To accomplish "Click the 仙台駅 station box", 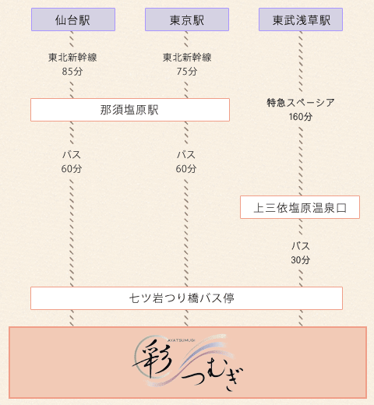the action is tap(73, 19).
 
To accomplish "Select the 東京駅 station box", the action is tap(187, 19).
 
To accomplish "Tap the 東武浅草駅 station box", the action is tap(301, 19).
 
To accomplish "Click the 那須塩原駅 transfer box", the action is tap(130, 110).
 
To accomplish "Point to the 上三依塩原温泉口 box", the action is tap(300, 207).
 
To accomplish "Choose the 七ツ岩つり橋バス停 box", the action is tap(186, 298).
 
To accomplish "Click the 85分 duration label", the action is tap(72, 71).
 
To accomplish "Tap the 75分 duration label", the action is tap(187, 71).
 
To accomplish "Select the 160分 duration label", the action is tap(301, 117).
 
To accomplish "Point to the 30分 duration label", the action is tap(301, 259).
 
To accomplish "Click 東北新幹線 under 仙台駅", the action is tap(72, 58).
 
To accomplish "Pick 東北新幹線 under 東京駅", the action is tap(187, 58).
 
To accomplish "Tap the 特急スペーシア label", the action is tap(301, 103).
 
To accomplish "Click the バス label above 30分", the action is tap(301, 246).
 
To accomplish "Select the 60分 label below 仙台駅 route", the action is tap(72, 169).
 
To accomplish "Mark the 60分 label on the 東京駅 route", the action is tap(186, 169).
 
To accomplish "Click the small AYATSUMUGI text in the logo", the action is tap(181, 340).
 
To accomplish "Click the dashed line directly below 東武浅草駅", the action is tap(301, 62).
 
